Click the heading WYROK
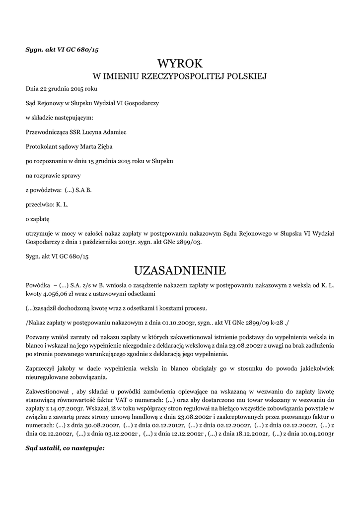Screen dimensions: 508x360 (x=180, y=63)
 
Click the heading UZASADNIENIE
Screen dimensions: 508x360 (x=180, y=270)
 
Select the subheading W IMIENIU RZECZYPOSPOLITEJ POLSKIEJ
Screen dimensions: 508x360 (x=180, y=77)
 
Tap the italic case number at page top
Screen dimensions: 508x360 (x=65, y=50)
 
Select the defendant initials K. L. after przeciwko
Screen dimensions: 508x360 (x=64, y=204)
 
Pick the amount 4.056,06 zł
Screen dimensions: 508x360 (x=61, y=293)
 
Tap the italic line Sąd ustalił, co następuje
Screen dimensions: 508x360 (x=65, y=447)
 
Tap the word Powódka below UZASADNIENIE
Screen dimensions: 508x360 (x=38, y=286)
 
